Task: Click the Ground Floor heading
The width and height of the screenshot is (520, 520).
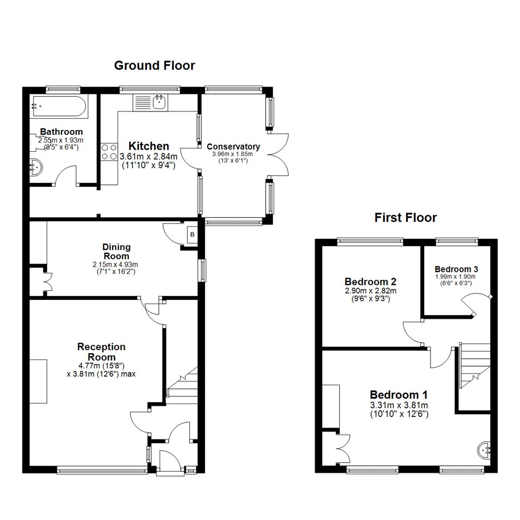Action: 155,65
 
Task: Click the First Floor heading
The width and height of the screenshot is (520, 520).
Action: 405,218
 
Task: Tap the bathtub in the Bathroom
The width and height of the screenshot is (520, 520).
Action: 58,107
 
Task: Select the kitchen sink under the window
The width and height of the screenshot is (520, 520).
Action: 150,103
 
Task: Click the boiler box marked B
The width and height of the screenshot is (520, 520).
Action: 193,235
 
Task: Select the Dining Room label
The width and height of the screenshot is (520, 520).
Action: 116,251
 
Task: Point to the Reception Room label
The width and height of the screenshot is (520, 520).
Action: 102,351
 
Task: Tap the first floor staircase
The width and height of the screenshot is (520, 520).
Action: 474,364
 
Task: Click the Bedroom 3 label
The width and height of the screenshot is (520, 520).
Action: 455,269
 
